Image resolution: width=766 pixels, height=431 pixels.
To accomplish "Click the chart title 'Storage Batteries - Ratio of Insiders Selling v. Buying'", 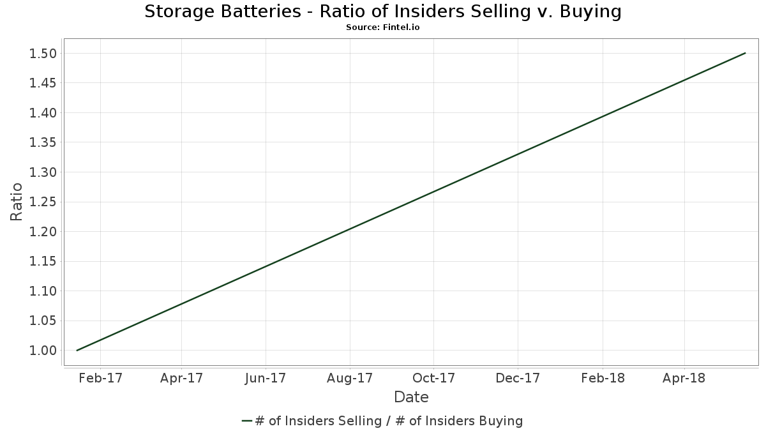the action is tap(382, 11).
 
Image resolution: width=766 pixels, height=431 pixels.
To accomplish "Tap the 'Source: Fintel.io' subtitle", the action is tap(382, 27).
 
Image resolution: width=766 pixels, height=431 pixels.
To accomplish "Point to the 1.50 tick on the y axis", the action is tap(43, 54).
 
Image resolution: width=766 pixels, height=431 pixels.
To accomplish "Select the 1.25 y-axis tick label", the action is tap(43, 202).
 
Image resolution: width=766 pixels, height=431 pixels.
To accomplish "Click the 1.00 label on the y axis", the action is tap(43, 351).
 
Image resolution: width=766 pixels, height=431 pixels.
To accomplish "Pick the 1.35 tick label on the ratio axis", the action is tap(43, 142).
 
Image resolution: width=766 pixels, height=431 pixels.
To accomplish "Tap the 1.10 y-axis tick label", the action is tap(43, 291).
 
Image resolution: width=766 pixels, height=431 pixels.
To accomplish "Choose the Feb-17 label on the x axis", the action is tap(101, 378).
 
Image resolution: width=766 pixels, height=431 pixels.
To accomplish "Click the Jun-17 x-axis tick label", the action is tap(266, 378).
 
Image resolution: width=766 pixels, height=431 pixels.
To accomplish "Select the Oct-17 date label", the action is tap(433, 378).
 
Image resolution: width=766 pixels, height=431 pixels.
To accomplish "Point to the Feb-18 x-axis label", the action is tap(603, 378).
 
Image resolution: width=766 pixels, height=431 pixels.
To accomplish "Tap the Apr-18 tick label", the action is tap(684, 378).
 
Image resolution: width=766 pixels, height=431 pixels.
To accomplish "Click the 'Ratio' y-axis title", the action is tap(16, 202).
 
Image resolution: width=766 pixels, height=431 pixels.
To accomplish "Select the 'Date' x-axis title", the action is tap(411, 397).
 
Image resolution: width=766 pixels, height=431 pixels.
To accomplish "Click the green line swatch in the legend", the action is tap(247, 421).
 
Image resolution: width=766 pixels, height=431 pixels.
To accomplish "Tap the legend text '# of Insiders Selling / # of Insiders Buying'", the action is tap(389, 421).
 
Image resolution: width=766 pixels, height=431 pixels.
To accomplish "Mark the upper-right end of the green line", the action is tap(745, 53).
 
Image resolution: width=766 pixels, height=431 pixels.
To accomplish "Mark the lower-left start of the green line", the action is tap(77, 351).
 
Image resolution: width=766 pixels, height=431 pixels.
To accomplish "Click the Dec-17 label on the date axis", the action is tap(518, 378).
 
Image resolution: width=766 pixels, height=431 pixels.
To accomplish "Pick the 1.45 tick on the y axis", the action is tap(43, 83).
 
